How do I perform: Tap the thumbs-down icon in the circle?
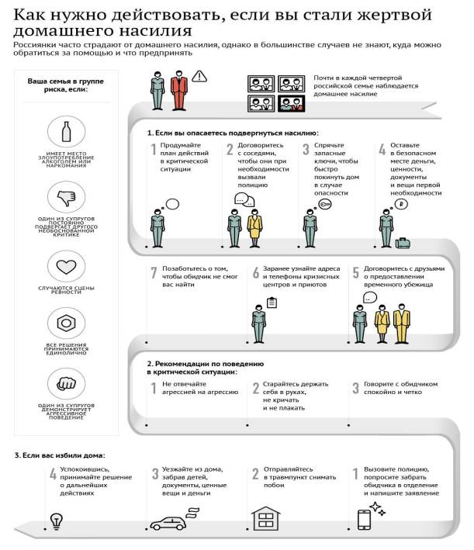tap(66, 197)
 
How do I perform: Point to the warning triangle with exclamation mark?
tap(200, 76)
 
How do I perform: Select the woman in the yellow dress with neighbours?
tap(255, 227)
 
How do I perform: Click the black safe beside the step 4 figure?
tap(403, 242)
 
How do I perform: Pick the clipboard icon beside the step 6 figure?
tap(271, 303)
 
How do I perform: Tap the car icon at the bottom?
tap(170, 522)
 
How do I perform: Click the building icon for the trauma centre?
tap(265, 517)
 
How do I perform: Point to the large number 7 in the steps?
tap(153, 274)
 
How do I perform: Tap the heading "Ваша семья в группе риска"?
tap(66, 85)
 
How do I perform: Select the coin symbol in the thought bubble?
tap(401, 204)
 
